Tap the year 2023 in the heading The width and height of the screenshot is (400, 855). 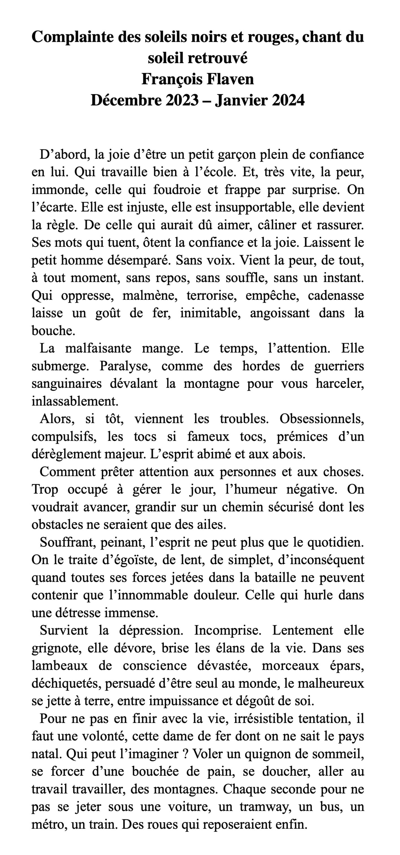pyautogui.click(x=182, y=100)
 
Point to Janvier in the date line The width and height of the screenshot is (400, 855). pyautogui.click(x=241, y=100)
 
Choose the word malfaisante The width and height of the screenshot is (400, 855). pyautogui.click(x=98, y=348)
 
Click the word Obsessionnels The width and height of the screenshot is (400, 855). pyautogui.click(x=322, y=419)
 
